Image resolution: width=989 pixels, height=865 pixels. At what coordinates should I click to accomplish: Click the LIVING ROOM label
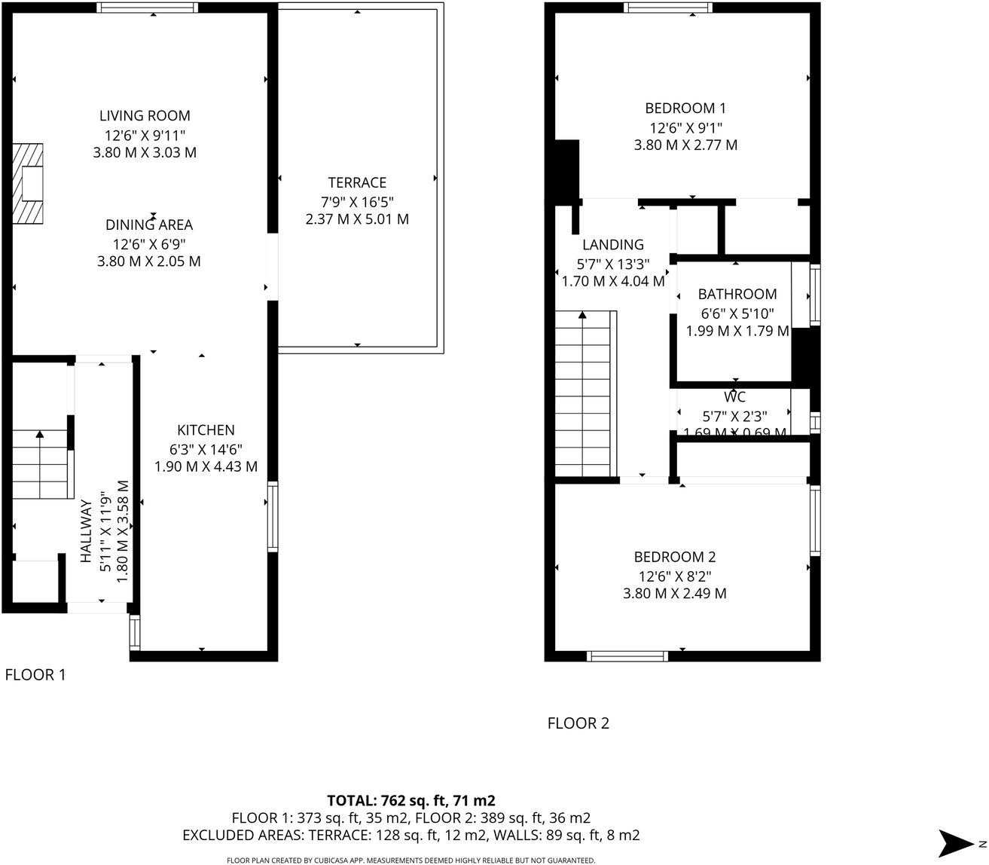click(x=145, y=115)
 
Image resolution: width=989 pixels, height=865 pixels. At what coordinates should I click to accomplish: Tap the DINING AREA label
click(x=149, y=225)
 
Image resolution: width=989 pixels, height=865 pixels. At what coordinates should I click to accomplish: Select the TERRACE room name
click(x=357, y=182)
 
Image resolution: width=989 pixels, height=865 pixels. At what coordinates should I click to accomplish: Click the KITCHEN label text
click(x=206, y=430)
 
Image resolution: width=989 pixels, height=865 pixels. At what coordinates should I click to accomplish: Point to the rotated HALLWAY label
click(x=86, y=531)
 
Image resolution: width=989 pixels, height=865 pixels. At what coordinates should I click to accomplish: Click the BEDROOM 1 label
click(x=685, y=108)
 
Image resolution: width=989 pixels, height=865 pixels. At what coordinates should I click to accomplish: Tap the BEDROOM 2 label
click(x=674, y=557)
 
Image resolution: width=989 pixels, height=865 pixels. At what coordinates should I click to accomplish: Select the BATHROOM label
click(x=737, y=294)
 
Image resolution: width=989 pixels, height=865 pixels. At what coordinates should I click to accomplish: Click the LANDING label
click(x=613, y=244)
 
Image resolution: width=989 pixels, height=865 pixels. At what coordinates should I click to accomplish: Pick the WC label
click(x=734, y=397)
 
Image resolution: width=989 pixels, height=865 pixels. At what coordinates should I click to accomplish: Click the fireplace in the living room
click(x=29, y=183)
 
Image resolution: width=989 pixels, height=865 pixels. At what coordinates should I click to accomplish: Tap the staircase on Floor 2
click(x=585, y=396)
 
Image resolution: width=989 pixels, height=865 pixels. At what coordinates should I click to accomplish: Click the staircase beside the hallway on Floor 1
click(x=39, y=463)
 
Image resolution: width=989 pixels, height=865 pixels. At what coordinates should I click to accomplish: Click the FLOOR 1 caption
click(x=35, y=674)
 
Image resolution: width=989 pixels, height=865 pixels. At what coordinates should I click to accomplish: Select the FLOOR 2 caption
click(x=578, y=723)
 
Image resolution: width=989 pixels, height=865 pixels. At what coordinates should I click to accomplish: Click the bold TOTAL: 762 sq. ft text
click(x=411, y=800)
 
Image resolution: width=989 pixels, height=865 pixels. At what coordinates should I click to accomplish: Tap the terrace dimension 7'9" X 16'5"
click(x=357, y=201)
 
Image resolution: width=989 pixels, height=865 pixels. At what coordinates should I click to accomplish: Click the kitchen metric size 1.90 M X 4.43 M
click(x=206, y=466)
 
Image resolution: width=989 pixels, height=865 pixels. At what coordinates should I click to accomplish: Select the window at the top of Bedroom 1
click(x=667, y=8)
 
